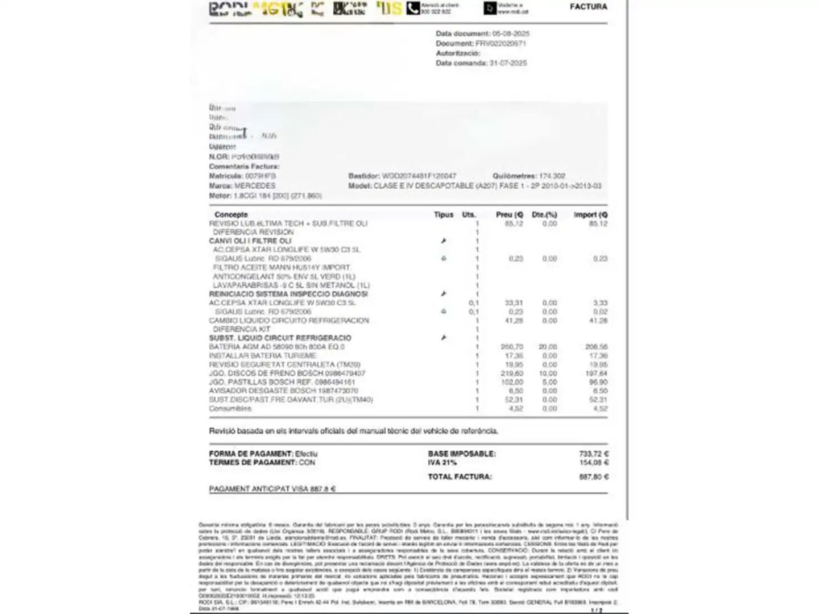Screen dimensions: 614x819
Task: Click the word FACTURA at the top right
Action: (588, 7)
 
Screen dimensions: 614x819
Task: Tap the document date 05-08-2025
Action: (511, 34)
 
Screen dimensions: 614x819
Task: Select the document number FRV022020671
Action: (500, 43)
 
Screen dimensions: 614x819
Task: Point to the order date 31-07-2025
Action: (508, 63)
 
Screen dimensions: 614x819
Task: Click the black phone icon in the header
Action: (413, 9)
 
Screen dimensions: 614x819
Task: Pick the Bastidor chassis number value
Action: (419, 176)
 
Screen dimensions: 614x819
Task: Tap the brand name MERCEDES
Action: (255, 186)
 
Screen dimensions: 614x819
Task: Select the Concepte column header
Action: (231, 215)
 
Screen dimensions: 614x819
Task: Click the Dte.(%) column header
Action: (544, 215)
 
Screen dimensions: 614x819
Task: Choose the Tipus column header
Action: (444, 215)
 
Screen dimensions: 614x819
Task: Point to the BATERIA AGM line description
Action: (276, 347)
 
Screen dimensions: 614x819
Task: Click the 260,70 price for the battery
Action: (512, 347)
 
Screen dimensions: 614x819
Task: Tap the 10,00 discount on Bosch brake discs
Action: (548, 374)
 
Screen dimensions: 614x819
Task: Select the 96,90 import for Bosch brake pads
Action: (598, 382)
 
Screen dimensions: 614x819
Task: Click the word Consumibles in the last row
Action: (230, 408)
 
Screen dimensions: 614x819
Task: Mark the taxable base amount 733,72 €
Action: (594, 454)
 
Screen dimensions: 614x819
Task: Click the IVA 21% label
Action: (442, 463)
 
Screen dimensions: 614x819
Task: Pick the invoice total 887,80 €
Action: (594, 477)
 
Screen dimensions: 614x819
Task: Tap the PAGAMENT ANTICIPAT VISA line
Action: (272, 489)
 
